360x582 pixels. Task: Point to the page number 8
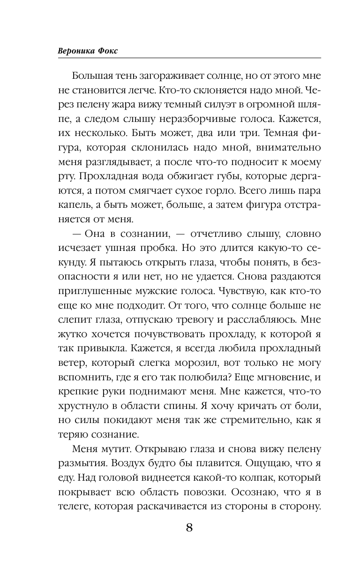click(x=189, y=527)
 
